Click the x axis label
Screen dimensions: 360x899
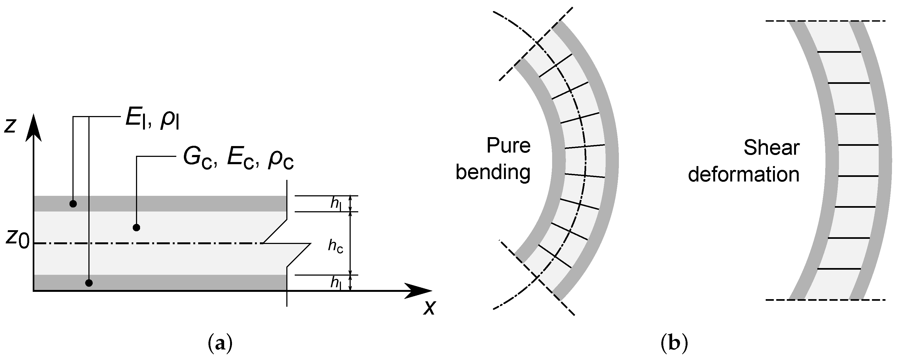click(430, 307)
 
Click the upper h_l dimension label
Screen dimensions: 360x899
click(336, 204)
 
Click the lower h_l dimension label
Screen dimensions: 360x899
click(336, 282)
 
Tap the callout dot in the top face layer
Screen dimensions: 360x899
click(73, 204)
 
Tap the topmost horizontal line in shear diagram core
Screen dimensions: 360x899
click(839, 52)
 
